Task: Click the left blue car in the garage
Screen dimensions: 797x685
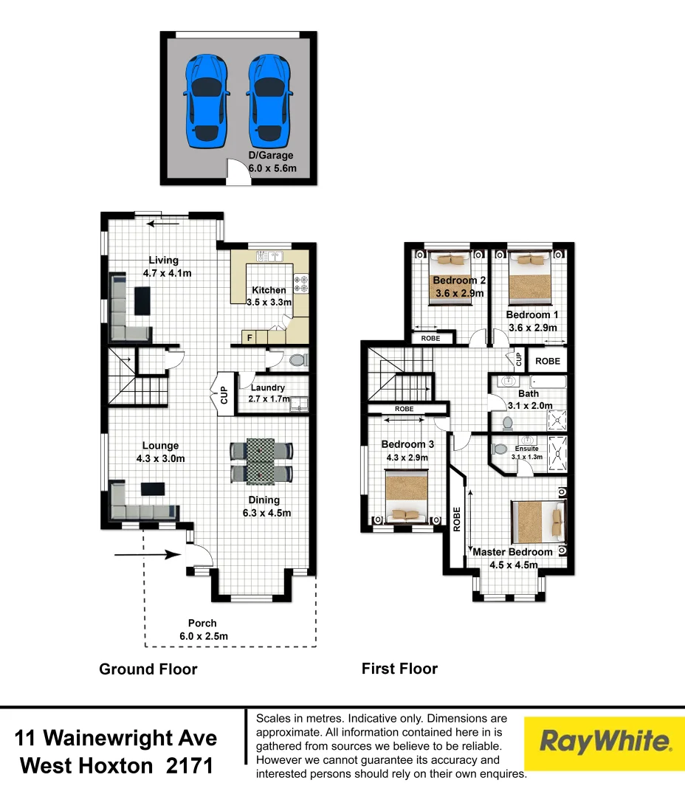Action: point(207,100)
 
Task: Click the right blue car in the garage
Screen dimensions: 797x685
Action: point(269,100)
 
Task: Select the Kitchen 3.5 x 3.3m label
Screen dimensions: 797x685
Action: point(269,296)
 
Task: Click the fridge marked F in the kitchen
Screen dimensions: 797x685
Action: point(249,338)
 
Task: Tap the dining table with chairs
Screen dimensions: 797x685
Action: point(261,461)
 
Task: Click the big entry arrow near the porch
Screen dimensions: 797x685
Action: point(148,556)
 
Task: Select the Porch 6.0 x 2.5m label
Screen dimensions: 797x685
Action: point(203,629)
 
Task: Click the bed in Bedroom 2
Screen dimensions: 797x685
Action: point(450,277)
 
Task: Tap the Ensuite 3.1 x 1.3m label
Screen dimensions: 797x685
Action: point(526,452)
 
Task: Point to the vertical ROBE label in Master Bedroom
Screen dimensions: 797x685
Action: point(457,519)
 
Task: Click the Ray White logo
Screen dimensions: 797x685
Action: point(605,742)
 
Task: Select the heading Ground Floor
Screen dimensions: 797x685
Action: point(148,669)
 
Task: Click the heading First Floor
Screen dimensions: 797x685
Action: point(399,669)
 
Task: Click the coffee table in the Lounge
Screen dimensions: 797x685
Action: point(153,488)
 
